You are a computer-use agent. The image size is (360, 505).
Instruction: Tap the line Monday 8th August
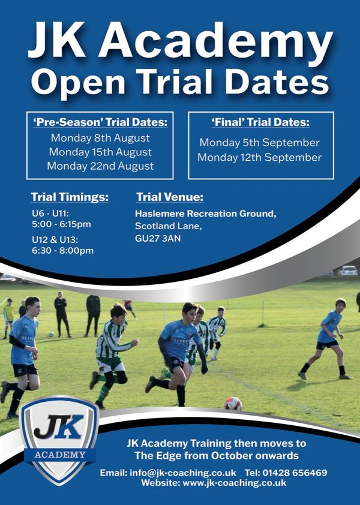click(x=100, y=138)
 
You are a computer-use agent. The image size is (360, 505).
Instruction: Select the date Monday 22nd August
click(x=100, y=166)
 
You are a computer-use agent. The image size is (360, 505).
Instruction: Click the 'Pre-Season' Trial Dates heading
click(x=100, y=122)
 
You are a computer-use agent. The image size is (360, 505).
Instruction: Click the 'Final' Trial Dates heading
click(x=260, y=122)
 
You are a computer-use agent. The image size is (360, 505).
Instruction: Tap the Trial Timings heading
click(x=70, y=197)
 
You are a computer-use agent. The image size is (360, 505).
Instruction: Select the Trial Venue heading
click(x=170, y=197)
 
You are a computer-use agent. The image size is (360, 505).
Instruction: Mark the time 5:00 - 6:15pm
click(x=61, y=224)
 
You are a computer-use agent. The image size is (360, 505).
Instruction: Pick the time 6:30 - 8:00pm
click(x=62, y=250)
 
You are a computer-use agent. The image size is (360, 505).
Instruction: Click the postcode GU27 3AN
click(x=158, y=238)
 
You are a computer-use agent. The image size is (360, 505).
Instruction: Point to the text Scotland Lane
click(x=169, y=226)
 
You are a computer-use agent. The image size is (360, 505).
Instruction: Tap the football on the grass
click(x=233, y=403)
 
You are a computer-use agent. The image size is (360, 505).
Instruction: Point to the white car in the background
click(x=347, y=270)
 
